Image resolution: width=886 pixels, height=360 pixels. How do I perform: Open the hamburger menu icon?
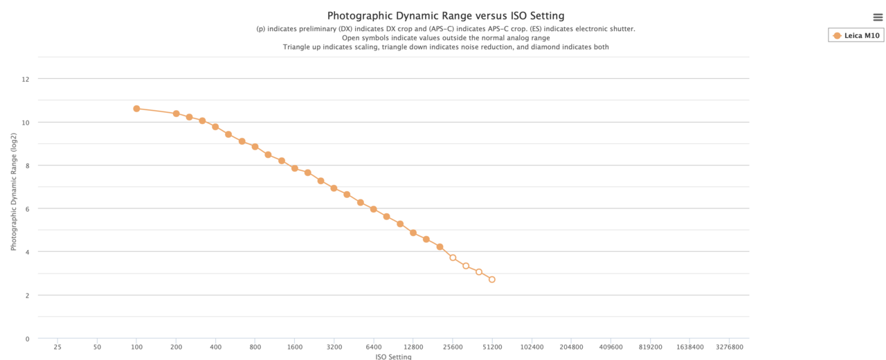pos(878,17)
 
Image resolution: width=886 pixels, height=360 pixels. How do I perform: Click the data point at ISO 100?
pos(136,109)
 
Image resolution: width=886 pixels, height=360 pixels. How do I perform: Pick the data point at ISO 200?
pos(177,114)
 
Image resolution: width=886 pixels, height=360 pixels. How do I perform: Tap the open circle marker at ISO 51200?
pos(492,280)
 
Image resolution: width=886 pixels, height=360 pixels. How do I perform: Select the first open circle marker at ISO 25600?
pos(453,258)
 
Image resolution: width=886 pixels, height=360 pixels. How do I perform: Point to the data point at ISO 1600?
pos(295,168)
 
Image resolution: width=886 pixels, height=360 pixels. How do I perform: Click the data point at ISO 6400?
pos(374,209)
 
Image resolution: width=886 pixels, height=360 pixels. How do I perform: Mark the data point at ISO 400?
pos(215,127)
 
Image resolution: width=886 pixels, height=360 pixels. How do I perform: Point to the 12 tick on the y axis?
pos(26,80)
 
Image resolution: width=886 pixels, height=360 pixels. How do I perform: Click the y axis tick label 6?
pos(27,209)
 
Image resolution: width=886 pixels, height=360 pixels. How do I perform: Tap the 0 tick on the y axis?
pos(27,339)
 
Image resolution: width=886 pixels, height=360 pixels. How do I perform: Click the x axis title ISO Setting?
pos(393,357)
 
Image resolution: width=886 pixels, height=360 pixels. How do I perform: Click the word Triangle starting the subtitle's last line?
pos(298,47)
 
